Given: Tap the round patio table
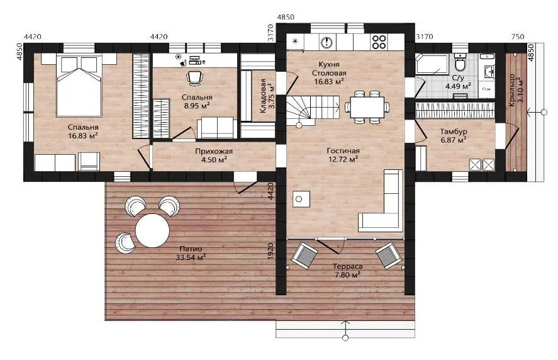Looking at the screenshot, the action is point(153,230).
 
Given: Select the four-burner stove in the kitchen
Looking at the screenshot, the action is point(379,42).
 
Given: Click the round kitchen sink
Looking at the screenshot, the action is point(326,42).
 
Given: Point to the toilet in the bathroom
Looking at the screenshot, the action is point(460,64).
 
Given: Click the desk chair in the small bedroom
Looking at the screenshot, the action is point(194,77).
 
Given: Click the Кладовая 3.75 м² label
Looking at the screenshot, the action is point(267,96).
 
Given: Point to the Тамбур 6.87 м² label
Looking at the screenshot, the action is point(454,136).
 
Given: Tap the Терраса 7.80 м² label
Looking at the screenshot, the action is point(347,271).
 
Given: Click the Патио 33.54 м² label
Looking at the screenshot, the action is point(191,253).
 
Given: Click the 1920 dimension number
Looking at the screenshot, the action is point(271,250).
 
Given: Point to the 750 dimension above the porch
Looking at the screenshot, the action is point(518,37).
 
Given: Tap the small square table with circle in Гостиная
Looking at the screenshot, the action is point(301,199).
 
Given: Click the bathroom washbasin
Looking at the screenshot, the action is point(488,72).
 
